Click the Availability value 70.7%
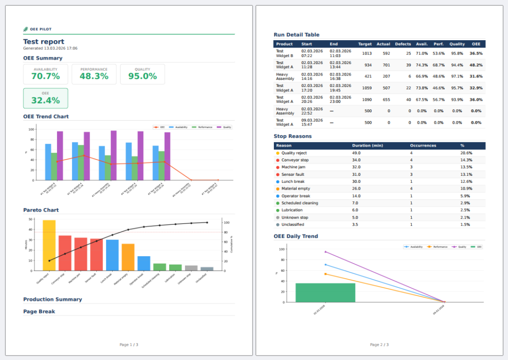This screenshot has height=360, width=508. coord(46,76)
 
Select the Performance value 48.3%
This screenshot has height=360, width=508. coord(94,76)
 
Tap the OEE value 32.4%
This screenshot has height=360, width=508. coord(46,100)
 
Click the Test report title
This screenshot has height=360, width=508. coord(44,42)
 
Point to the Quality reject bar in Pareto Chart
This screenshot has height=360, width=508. coord(49,245)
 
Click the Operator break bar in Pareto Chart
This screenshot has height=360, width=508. coord(144,263)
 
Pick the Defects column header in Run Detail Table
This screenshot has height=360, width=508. coord(403,44)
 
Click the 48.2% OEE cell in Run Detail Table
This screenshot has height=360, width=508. coord(476,65)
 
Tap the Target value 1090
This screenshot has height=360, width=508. coord(367,99)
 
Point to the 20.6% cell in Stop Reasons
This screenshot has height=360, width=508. coord(466,153)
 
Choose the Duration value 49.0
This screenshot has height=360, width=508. coord(357,153)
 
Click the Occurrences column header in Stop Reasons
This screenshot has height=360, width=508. coord(423,145)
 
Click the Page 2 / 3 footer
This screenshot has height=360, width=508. coord(380,345)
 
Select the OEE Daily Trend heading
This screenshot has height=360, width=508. coord(296,236)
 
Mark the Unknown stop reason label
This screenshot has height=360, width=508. coord(295,217)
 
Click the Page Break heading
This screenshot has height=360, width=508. coord(39,312)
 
